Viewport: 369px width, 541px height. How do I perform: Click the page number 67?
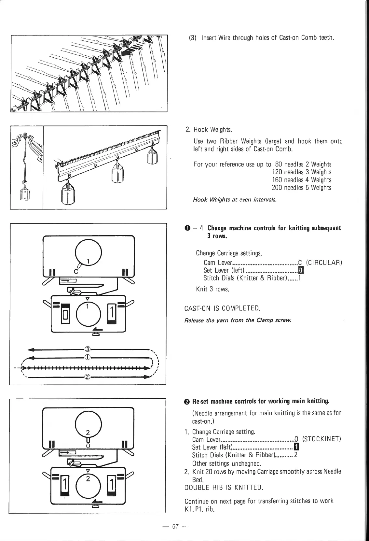176,527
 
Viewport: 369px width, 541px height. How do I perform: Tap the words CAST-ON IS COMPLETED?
222,308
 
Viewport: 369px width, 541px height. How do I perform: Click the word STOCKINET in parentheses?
321,439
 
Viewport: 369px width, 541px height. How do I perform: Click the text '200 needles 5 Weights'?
301,188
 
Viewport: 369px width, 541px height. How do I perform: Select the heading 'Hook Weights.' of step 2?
212,130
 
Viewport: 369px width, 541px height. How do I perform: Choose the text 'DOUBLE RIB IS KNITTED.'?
224,488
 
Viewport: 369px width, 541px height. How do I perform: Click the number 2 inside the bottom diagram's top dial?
88,433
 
